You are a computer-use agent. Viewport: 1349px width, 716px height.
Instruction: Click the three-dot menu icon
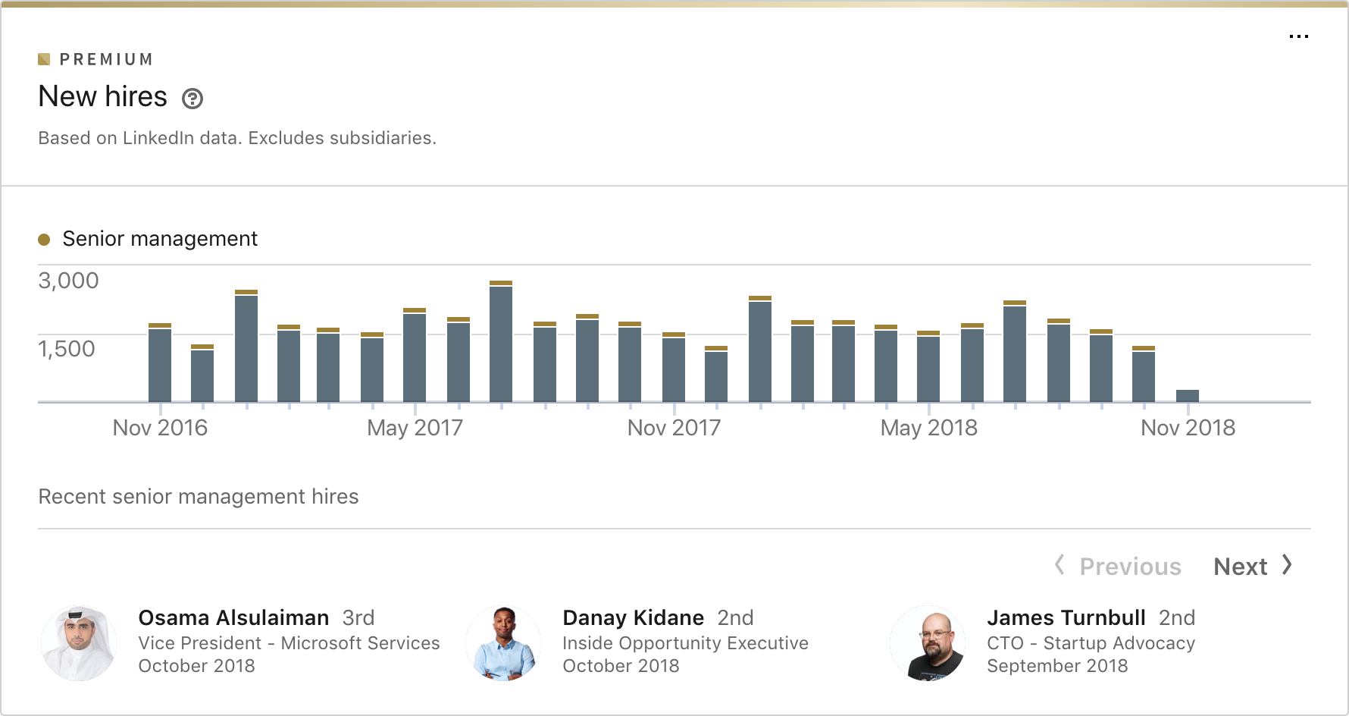[1298, 36]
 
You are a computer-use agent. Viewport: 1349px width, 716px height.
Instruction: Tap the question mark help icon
[192, 99]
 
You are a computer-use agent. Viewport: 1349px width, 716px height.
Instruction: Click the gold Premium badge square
[44, 59]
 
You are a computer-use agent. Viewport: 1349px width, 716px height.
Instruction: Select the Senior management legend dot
[44, 240]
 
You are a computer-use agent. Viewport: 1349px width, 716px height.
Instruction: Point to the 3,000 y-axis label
[68, 281]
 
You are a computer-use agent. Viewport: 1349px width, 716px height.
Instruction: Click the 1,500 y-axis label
[67, 349]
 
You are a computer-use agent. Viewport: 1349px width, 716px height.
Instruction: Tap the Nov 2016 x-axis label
[160, 428]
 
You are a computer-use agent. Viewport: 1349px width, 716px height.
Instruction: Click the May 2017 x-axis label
[415, 428]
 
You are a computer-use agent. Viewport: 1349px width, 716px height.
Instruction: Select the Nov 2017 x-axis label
[674, 428]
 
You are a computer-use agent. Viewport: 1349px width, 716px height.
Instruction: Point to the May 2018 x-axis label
[928, 428]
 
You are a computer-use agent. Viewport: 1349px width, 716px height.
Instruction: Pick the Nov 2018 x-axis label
[1188, 428]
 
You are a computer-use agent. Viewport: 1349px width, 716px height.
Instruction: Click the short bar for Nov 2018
[1188, 395]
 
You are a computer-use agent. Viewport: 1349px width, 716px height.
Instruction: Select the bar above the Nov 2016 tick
[160, 364]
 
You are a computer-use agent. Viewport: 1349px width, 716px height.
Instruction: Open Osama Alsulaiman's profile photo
[79, 642]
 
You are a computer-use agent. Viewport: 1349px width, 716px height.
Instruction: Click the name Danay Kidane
[633, 617]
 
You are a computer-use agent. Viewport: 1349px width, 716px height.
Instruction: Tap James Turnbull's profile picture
[928, 642]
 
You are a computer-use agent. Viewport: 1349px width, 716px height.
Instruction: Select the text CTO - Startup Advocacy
[1091, 643]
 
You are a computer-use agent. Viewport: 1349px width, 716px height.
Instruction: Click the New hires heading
[103, 97]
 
